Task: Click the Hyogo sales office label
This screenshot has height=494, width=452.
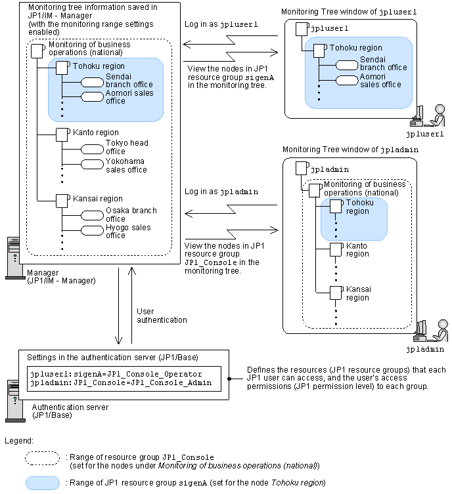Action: click(x=128, y=232)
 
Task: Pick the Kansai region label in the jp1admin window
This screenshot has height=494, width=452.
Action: click(x=357, y=293)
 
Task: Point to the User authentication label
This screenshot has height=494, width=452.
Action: click(x=162, y=315)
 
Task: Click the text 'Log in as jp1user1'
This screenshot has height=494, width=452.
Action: click(x=221, y=24)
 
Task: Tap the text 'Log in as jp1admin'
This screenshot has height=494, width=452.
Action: click(x=221, y=192)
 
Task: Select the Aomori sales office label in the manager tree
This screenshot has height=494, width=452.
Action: click(x=129, y=97)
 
